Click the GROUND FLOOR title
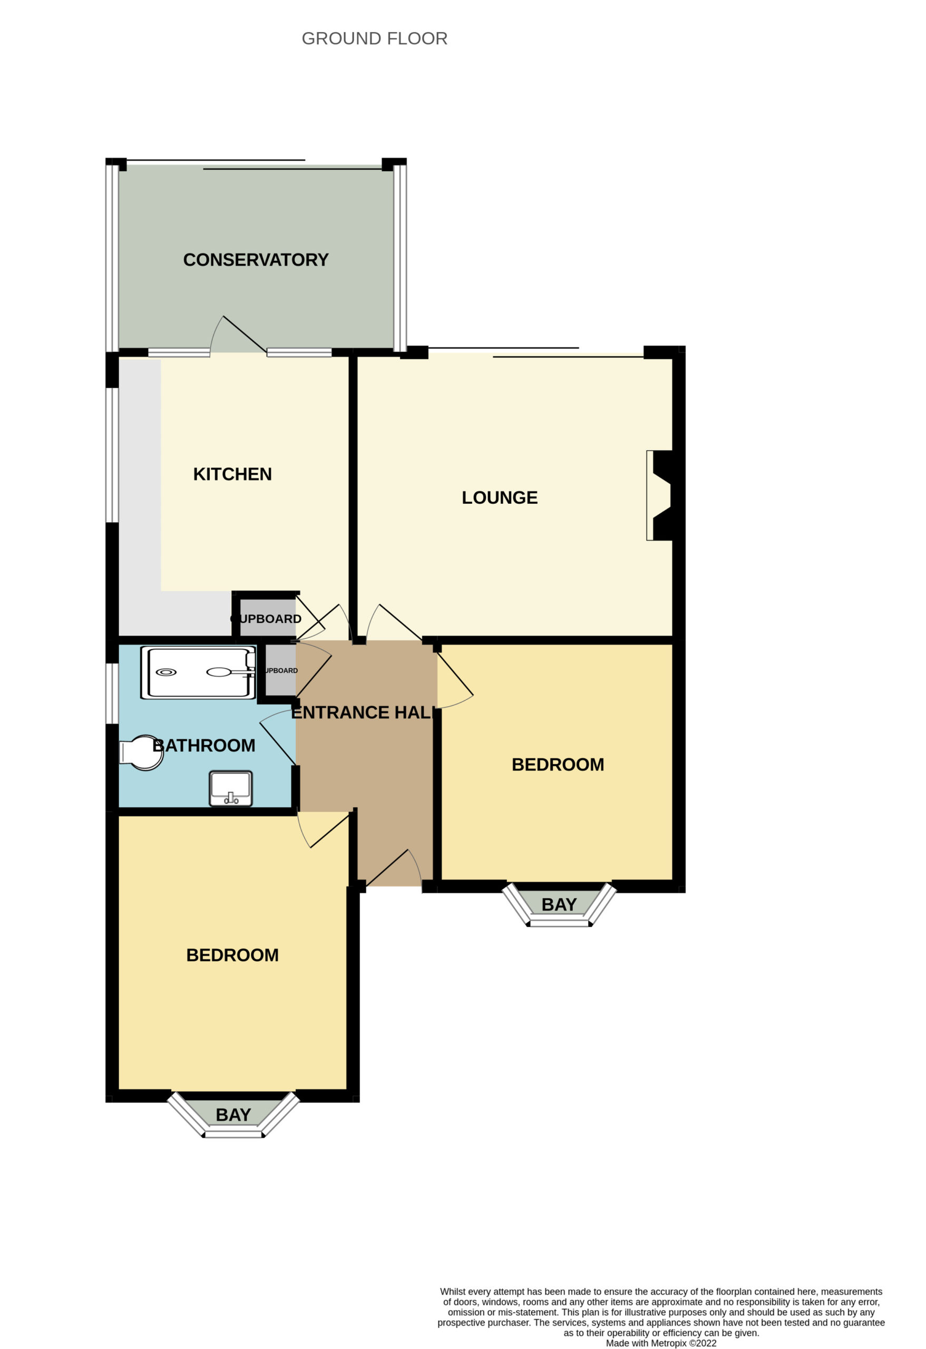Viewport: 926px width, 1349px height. coord(375,38)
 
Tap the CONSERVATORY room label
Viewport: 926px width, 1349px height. coord(256,259)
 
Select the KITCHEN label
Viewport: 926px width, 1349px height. coord(232,474)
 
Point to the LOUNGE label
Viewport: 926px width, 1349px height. coord(499,497)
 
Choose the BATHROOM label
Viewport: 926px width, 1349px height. coord(204,745)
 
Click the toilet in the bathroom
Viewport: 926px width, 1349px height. coord(141,753)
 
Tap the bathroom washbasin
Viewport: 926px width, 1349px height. coord(230,789)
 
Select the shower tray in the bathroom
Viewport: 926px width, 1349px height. coord(198,673)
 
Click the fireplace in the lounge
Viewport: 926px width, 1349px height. coord(659,496)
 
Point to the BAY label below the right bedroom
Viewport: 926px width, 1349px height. coord(559,904)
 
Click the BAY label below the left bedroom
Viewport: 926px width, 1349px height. coord(233,1115)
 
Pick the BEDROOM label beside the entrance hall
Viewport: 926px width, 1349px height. coord(558,765)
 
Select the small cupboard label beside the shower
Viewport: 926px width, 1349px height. coord(281,670)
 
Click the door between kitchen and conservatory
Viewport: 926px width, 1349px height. coord(238,334)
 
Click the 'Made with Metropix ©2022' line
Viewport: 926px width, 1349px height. coord(661,1343)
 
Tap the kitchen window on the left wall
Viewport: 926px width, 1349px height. coord(112,455)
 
